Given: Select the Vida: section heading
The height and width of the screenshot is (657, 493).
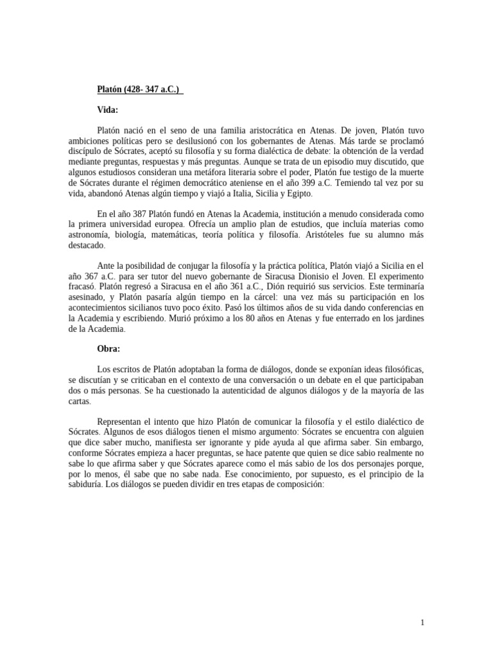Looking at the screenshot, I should pyautogui.click(x=108, y=110).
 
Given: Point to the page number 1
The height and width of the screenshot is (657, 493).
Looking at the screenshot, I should pyautogui.click(x=422, y=622).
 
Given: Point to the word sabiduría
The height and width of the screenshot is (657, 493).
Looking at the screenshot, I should pyautogui.click(x=89, y=486).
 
